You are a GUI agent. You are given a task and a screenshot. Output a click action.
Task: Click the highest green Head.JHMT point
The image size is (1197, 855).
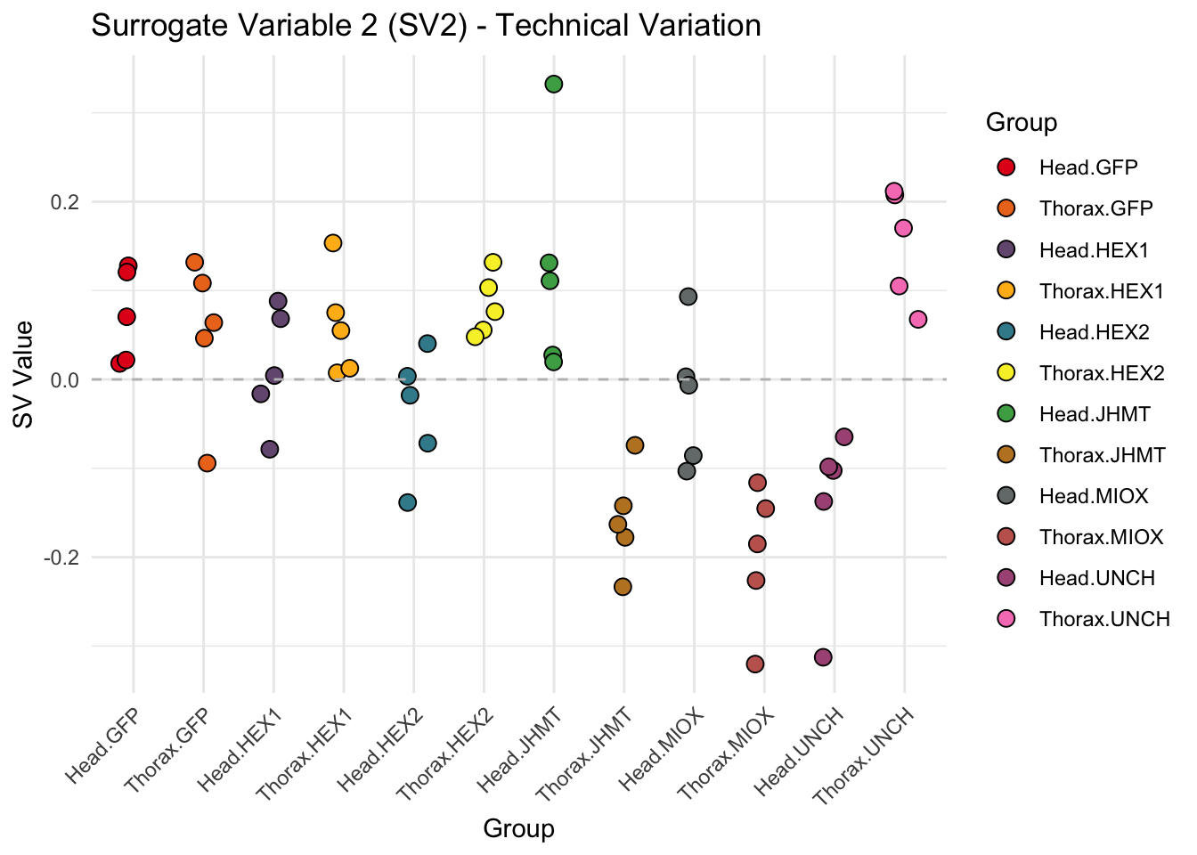point(553,85)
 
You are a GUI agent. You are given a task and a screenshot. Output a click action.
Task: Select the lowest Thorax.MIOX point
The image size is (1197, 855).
point(755,664)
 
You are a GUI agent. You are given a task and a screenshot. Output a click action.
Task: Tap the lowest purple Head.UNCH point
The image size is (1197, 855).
point(823,657)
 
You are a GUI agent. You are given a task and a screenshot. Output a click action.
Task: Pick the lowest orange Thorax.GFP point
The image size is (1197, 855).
point(207,463)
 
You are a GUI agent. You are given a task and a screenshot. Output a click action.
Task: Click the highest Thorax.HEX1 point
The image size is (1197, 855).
point(333,243)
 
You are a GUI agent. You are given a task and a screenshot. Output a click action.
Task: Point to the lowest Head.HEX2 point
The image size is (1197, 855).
point(408,502)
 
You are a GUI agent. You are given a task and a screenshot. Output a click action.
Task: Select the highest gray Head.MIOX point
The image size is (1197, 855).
point(688,297)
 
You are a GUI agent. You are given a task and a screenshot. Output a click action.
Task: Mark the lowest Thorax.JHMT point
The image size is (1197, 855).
point(623,587)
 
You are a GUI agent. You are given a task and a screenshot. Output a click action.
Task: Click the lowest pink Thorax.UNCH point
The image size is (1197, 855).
point(918,320)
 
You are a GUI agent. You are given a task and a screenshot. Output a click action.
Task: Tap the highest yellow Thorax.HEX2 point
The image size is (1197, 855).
point(493,262)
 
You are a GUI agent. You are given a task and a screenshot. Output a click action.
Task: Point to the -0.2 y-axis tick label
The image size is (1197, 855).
point(60,558)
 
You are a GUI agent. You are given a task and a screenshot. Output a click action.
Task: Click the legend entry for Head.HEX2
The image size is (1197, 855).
point(1094,332)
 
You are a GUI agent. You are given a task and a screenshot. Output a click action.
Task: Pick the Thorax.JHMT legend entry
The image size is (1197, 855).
point(1102,455)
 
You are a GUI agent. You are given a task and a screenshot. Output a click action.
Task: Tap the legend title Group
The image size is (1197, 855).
point(1022,123)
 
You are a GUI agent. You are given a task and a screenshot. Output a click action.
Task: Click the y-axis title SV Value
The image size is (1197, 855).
point(24,374)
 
